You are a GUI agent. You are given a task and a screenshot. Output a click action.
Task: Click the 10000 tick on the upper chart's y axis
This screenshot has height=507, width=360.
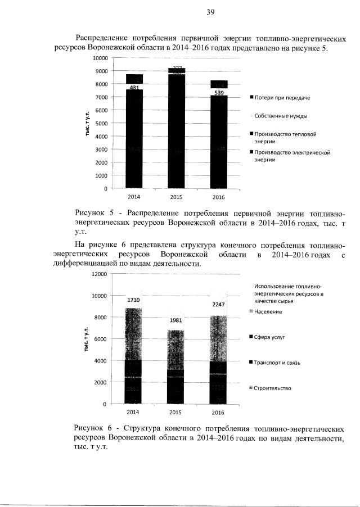click(100, 58)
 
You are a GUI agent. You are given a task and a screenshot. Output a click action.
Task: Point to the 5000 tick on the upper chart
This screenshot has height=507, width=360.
click(101, 123)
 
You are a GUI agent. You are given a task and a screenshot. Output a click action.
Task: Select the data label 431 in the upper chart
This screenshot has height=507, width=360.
click(134, 88)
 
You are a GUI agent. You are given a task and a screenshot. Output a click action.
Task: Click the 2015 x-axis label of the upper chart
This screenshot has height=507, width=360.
click(176, 197)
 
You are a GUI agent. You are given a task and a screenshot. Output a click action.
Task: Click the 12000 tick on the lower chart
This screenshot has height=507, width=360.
click(99, 274)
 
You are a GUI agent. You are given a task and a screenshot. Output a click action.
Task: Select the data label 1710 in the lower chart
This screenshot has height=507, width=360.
click(134, 300)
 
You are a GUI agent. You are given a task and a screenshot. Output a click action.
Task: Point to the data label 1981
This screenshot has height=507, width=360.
click(176, 320)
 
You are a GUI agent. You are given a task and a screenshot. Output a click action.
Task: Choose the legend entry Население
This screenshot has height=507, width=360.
click(268, 311)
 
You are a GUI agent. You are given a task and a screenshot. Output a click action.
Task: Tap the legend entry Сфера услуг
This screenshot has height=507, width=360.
click(270, 337)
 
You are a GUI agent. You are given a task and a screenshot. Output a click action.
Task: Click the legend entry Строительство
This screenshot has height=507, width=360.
click(273, 388)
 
